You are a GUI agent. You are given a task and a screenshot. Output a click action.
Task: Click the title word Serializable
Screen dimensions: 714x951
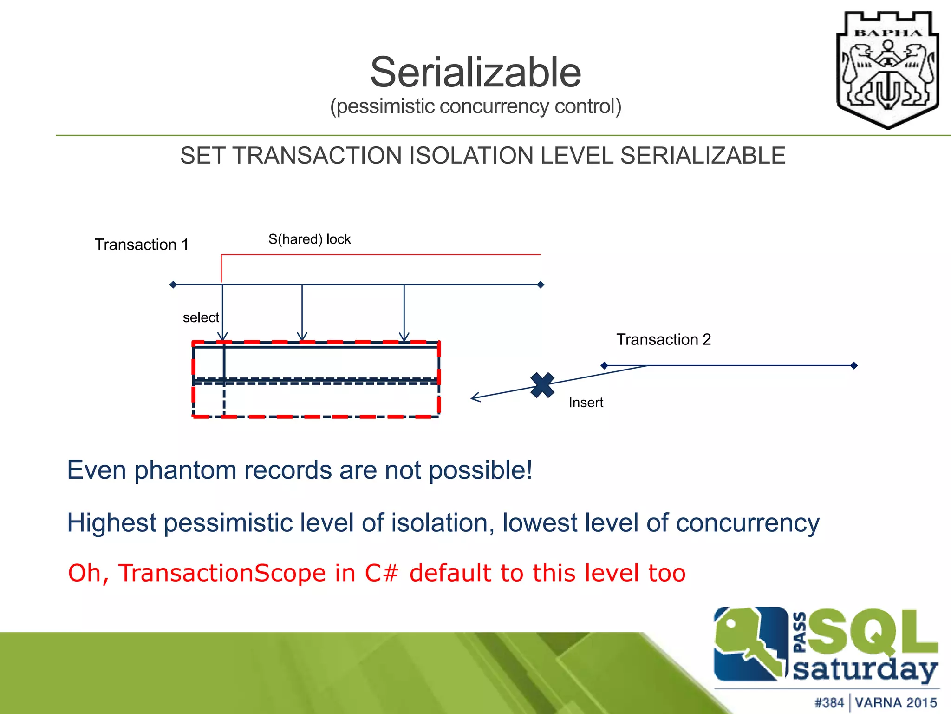(x=475, y=73)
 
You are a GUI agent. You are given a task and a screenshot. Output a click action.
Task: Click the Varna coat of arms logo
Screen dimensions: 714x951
(x=887, y=70)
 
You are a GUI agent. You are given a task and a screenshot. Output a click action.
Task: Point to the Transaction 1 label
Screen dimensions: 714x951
(x=142, y=245)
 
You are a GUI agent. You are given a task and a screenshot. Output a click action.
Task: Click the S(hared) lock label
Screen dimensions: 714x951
(x=309, y=239)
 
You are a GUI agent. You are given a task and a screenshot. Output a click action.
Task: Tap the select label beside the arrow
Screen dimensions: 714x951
(x=201, y=317)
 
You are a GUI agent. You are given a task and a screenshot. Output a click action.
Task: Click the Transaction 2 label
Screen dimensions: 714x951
(x=663, y=339)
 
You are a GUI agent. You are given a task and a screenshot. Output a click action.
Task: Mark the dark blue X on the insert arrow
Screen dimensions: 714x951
(x=542, y=385)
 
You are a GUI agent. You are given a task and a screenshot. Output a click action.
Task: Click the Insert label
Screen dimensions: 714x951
(x=586, y=403)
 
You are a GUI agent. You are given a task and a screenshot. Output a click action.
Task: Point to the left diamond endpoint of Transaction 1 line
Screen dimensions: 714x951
(x=173, y=284)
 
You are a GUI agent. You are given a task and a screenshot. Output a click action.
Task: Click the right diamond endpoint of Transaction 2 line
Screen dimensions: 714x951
(x=853, y=366)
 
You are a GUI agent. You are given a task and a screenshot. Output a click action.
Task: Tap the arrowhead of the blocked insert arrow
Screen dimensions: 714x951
(x=474, y=398)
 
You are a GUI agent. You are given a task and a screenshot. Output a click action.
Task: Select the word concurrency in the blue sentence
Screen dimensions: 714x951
(x=747, y=523)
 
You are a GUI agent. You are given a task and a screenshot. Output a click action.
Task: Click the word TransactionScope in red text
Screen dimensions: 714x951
(x=222, y=573)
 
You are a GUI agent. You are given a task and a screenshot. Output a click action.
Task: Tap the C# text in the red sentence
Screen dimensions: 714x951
(x=381, y=573)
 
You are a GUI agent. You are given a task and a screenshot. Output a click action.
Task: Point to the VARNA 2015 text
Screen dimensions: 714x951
(x=896, y=702)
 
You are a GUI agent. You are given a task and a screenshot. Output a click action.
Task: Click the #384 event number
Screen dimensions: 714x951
(x=829, y=702)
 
